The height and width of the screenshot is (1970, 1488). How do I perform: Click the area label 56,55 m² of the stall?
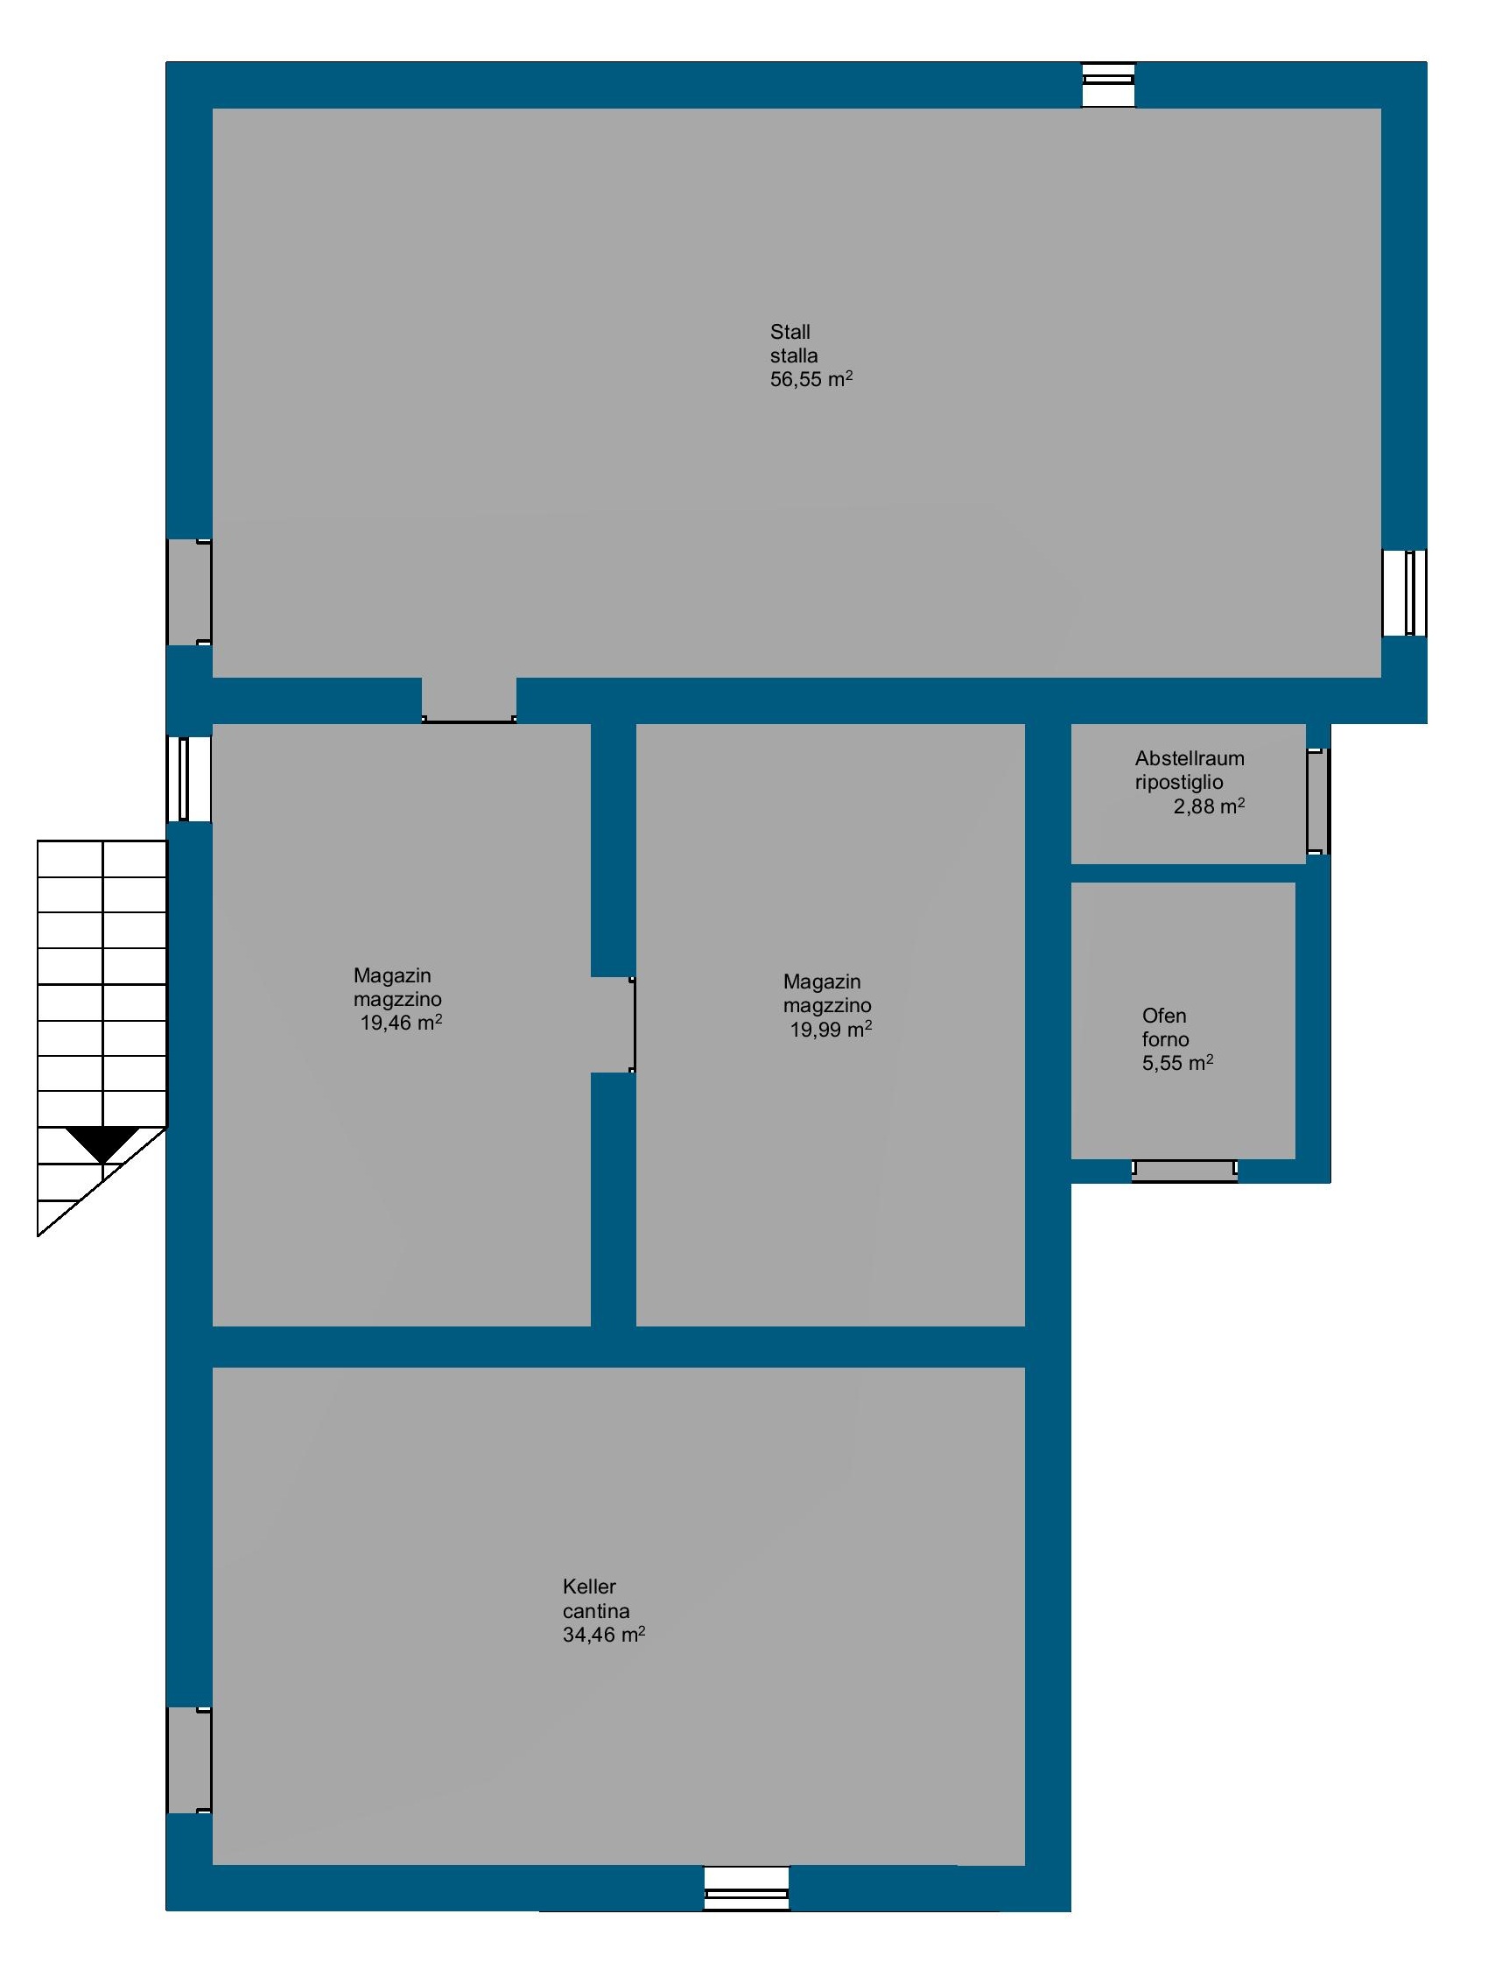pyautogui.click(x=811, y=379)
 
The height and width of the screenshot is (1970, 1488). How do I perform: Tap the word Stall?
pyautogui.click(x=790, y=332)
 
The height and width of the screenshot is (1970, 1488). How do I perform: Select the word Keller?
pyautogui.click(x=589, y=1587)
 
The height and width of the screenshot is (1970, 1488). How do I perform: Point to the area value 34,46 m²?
pyautogui.click(x=604, y=1635)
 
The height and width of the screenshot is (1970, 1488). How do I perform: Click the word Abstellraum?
pyautogui.click(x=1190, y=759)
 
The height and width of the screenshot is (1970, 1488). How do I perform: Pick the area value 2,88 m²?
pyautogui.click(x=1210, y=807)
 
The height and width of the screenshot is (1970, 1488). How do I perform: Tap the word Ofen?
pyautogui.click(x=1165, y=1016)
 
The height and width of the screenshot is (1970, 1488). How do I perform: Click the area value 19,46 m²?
pyautogui.click(x=402, y=1023)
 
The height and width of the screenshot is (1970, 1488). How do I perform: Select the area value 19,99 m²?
pyautogui.click(x=831, y=1030)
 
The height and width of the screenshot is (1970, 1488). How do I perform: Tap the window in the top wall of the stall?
pyautogui.click(x=1109, y=86)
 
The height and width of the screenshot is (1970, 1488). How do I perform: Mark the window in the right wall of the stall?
pyautogui.click(x=1404, y=593)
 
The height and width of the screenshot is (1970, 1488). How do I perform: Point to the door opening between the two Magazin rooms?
pyautogui.click(x=614, y=1024)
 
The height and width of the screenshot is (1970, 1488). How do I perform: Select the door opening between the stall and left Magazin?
pyautogui.click(x=469, y=700)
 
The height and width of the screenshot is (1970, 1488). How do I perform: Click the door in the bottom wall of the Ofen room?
pyautogui.click(x=1184, y=1171)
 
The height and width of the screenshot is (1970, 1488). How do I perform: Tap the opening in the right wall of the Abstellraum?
pyautogui.click(x=1318, y=801)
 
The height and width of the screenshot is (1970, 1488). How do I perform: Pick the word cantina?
pyautogui.click(x=597, y=1610)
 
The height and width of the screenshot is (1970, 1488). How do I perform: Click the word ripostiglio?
pyautogui.click(x=1179, y=783)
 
